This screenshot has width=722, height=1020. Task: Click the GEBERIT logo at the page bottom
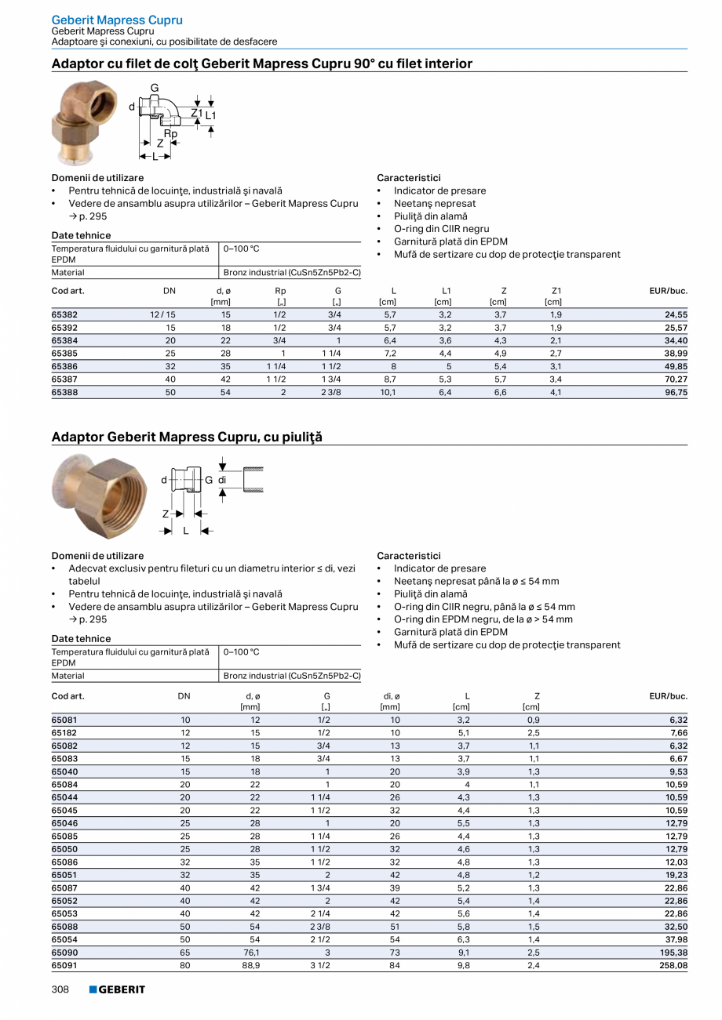pyautogui.click(x=117, y=989)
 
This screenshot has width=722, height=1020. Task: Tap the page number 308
pyautogui.click(x=60, y=989)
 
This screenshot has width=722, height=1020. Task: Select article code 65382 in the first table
pyautogui.click(x=64, y=315)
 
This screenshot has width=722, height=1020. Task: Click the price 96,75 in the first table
pyautogui.click(x=675, y=392)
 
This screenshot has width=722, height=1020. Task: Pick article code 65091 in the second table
pyautogui.click(x=64, y=966)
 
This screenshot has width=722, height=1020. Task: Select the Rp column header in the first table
pyautogui.click(x=280, y=291)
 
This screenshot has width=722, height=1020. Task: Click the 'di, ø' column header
pyautogui.click(x=390, y=695)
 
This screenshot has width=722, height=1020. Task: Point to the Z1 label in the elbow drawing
pyautogui.click(x=197, y=114)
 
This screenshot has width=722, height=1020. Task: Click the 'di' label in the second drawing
pyautogui.click(x=222, y=479)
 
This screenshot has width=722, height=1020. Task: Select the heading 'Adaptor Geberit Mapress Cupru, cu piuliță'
pyautogui.click(x=187, y=437)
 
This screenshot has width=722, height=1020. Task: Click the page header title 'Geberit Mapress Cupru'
pyautogui.click(x=117, y=20)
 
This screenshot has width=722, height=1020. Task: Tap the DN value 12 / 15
pyautogui.click(x=163, y=315)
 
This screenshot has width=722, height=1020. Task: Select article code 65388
pyautogui.click(x=64, y=392)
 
